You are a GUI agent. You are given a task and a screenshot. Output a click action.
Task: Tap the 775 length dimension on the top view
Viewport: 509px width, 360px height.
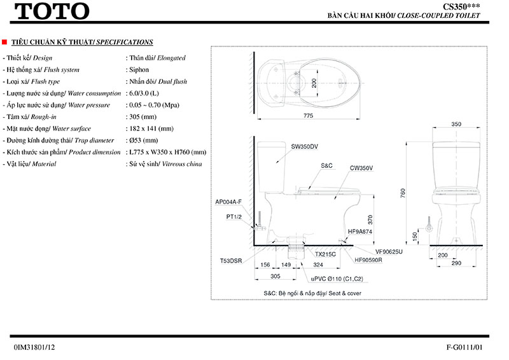pyautogui.click(x=308, y=115)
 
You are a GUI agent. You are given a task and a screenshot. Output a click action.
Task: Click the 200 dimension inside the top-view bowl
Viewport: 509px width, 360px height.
pyautogui.click(x=312, y=83)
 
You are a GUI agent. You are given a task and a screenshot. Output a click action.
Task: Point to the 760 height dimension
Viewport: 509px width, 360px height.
pyautogui.click(x=402, y=193)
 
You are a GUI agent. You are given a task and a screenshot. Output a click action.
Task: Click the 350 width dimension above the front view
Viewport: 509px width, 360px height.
pyautogui.click(x=456, y=124)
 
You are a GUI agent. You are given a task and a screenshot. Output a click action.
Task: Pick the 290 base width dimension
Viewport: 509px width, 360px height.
pyautogui.click(x=456, y=262)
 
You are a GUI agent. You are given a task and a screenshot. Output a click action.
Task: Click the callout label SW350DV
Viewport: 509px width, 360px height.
pyautogui.click(x=304, y=147)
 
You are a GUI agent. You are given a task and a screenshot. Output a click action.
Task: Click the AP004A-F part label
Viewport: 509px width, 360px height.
pyautogui.click(x=228, y=202)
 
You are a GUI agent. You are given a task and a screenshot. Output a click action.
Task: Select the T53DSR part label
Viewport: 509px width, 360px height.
pyautogui.click(x=231, y=261)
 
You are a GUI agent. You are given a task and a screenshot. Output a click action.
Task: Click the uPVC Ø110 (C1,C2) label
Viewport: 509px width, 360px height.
pyautogui.click(x=337, y=279)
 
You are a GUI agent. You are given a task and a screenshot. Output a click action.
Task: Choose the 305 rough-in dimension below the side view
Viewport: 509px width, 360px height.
pyautogui.click(x=275, y=277)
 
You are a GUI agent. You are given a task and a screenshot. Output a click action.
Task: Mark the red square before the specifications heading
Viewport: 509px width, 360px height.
pyautogui.click(x=5, y=43)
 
